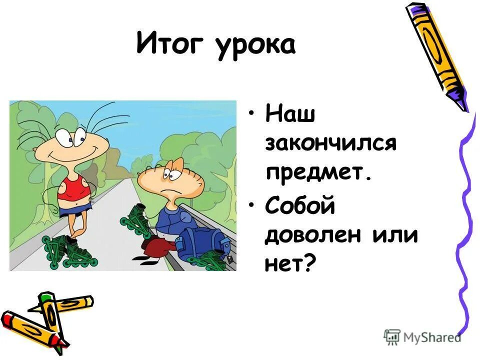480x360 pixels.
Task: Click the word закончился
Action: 330,145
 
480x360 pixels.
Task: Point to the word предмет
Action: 319,172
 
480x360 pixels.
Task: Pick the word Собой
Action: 299,206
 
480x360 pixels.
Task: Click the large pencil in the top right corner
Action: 438,55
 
